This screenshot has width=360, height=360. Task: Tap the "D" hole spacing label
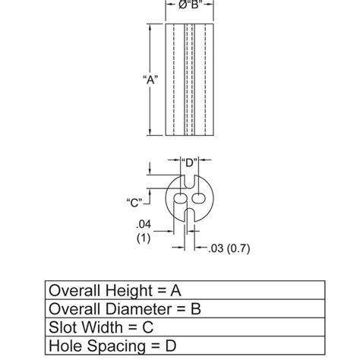click(188, 162)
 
